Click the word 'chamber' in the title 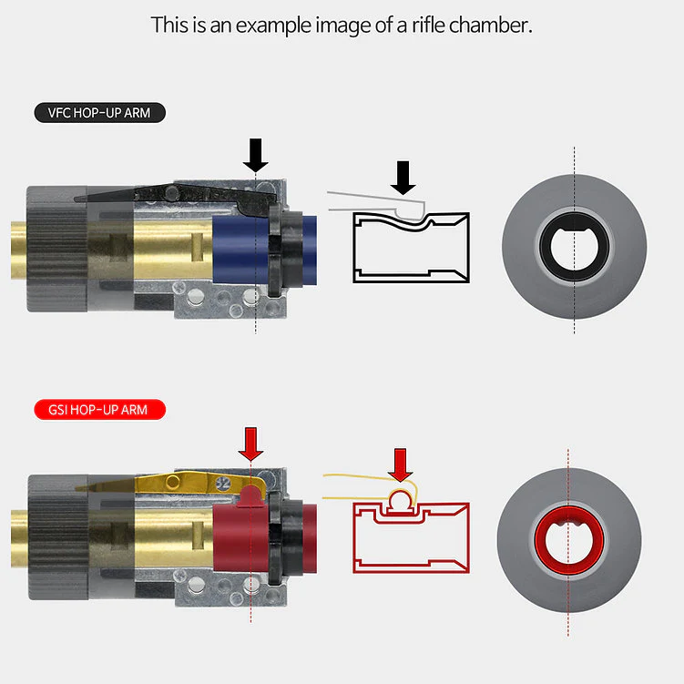pos(491,26)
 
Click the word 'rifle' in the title pos(428,26)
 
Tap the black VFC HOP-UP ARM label pos(100,113)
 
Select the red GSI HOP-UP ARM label pos(100,410)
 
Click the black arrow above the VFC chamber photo pos(256,155)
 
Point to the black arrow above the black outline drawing pos(403,178)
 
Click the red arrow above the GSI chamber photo pos(250,444)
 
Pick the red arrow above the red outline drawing pos(400,465)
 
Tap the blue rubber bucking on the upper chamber pos(244,250)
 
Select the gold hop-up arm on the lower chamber pos(175,485)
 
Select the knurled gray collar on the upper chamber pos(57,249)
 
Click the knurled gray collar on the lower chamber pos(58,537)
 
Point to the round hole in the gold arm pos(173,482)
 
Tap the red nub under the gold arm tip pos(250,497)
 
